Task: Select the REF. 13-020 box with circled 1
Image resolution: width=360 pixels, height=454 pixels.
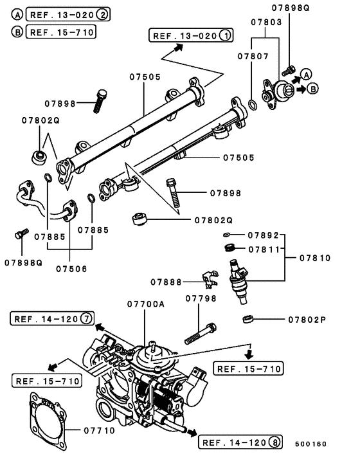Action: (190, 36)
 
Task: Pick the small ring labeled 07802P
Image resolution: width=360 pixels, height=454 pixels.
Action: (248, 318)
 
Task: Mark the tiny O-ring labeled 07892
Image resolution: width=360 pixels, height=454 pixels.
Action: (228, 235)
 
